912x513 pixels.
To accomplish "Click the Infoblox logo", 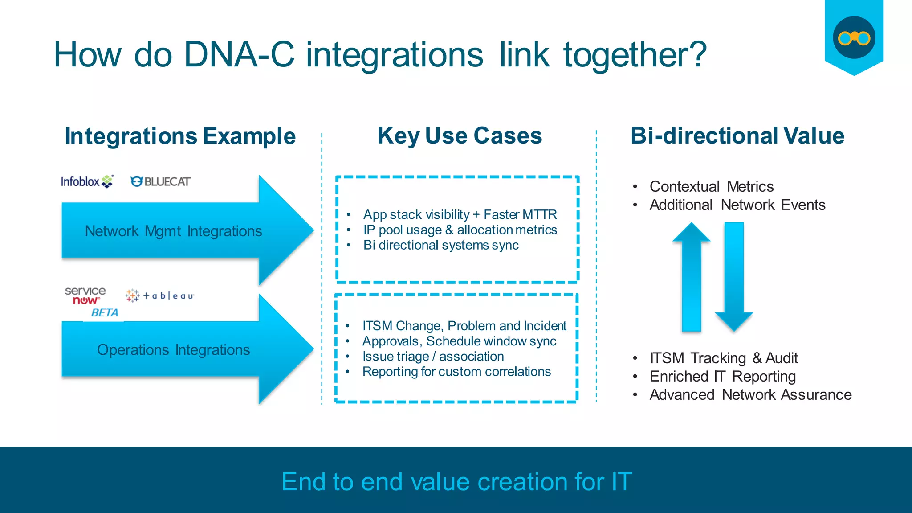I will click(x=87, y=181).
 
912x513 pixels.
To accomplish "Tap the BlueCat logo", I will click(x=160, y=181).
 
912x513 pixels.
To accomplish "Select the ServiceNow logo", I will click(x=85, y=296).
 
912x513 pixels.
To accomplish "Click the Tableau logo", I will click(x=160, y=295).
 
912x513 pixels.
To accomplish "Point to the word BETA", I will click(x=104, y=313).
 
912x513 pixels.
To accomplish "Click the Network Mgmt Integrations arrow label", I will click(x=173, y=231).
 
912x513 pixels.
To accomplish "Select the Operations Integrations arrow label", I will click(x=173, y=350).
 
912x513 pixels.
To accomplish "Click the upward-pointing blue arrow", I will click(x=691, y=276).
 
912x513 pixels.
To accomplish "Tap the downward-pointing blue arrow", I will click(x=734, y=276).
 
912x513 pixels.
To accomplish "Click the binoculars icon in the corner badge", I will click(x=854, y=38).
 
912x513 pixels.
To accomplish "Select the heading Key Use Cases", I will click(x=460, y=135).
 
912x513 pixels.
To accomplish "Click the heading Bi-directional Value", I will click(x=737, y=135).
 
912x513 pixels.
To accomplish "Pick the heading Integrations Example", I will click(x=180, y=136).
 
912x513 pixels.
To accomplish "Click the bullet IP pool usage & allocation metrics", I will click(x=460, y=230).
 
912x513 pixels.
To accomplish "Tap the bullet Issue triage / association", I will click(x=433, y=357).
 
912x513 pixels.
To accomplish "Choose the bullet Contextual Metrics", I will click(x=711, y=186).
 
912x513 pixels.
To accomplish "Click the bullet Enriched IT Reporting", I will click(x=722, y=377).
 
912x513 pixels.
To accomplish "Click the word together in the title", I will click(x=635, y=55).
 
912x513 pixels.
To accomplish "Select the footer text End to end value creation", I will click(x=456, y=482).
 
